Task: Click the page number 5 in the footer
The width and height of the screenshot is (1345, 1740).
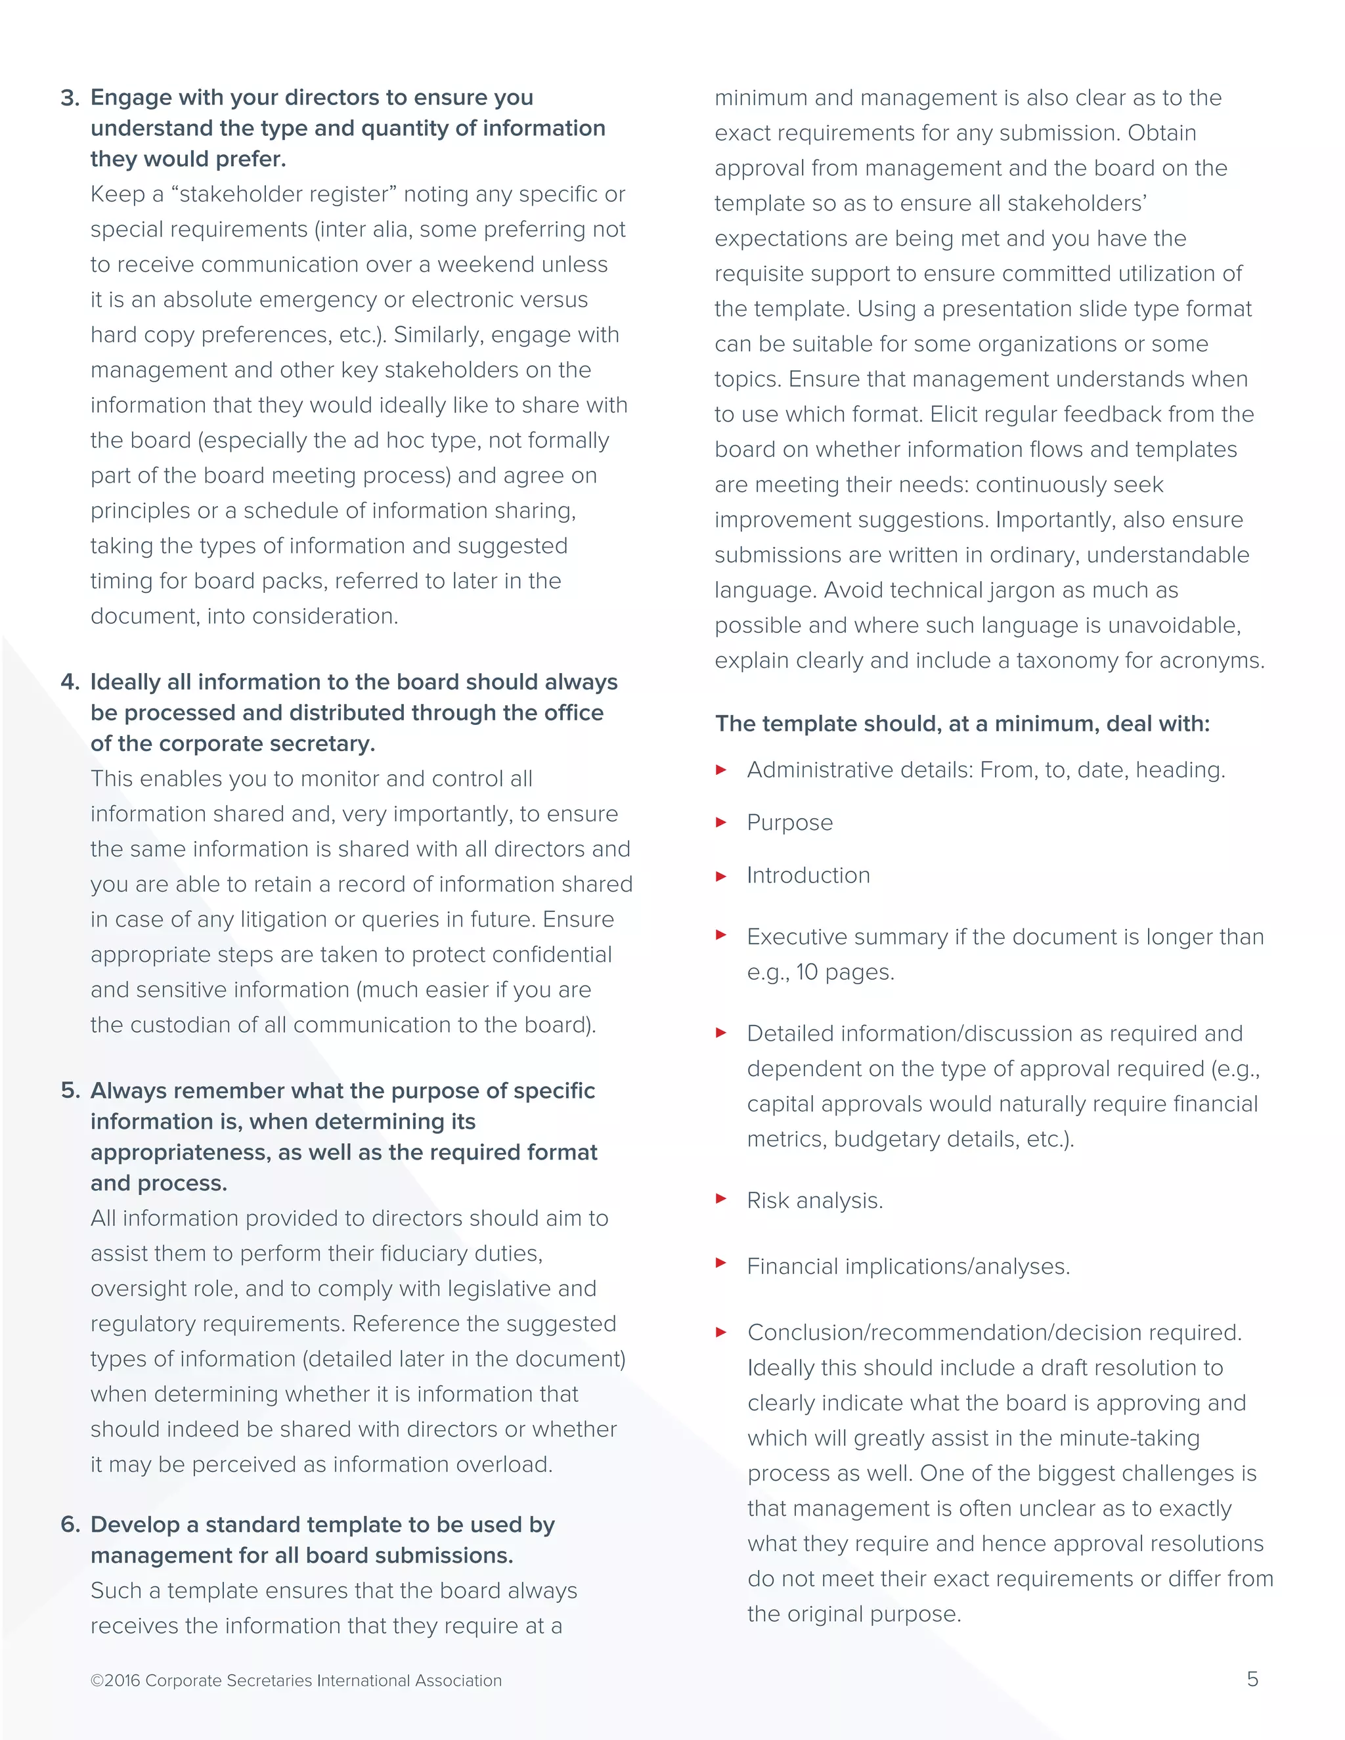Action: (x=1252, y=1680)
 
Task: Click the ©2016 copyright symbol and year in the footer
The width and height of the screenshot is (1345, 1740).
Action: (x=116, y=1681)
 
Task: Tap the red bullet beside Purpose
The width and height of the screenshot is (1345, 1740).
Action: (x=721, y=823)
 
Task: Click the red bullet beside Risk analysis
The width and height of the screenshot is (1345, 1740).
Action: (x=721, y=1198)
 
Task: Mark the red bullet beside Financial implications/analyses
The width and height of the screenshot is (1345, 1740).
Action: (x=721, y=1263)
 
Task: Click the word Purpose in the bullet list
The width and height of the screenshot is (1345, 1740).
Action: (x=789, y=823)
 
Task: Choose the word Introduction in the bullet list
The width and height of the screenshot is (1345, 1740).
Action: (x=808, y=875)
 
